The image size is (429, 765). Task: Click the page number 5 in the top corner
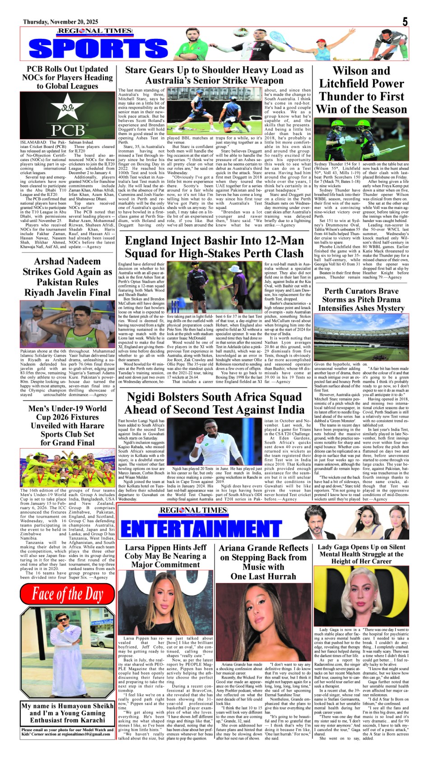[x=405, y=22]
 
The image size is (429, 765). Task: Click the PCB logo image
[x=68, y=115]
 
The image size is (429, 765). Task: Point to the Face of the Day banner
[x=68, y=594]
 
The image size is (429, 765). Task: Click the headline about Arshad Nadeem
[x=68, y=277]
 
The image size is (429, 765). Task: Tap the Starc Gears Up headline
[x=214, y=75]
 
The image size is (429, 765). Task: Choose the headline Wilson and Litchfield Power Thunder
[x=361, y=90]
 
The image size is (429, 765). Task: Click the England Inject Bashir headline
[x=214, y=247]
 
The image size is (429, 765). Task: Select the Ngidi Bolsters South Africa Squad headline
[x=214, y=403]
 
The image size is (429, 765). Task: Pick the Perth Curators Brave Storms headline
[x=361, y=300]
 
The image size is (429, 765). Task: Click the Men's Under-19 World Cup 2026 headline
[x=68, y=425]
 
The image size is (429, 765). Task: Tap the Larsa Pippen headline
[x=165, y=556]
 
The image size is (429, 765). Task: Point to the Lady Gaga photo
[x=361, y=596]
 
